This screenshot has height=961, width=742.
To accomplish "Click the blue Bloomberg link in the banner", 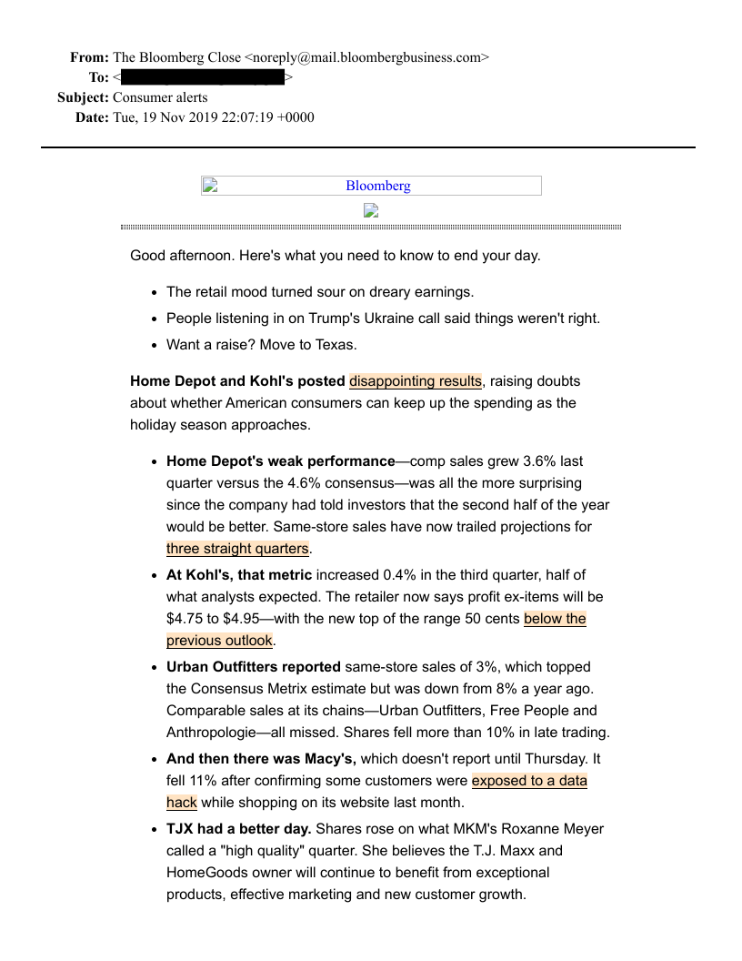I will tap(377, 186).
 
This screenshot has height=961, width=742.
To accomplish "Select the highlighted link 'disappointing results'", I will tap(416, 381).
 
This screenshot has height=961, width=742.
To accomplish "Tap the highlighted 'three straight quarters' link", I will tap(237, 549).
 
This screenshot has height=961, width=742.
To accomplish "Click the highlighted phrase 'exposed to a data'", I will tap(529, 781).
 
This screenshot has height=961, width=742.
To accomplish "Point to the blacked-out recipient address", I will tap(202, 77).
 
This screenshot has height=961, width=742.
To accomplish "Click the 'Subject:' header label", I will tap(83, 97).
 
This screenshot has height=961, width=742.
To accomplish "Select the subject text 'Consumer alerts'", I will tap(160, 97).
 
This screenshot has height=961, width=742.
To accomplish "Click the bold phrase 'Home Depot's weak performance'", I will tap(281, 461).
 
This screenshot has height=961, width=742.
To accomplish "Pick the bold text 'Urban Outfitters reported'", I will tap(254, 667).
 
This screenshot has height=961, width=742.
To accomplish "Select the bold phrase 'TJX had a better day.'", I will tap(239, 829).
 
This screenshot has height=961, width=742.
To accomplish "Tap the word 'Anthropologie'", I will tap(210, 733).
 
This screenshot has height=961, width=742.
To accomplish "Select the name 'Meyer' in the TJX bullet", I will tap(583, 829).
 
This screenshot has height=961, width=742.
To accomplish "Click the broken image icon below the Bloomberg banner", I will tap(371, 210).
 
